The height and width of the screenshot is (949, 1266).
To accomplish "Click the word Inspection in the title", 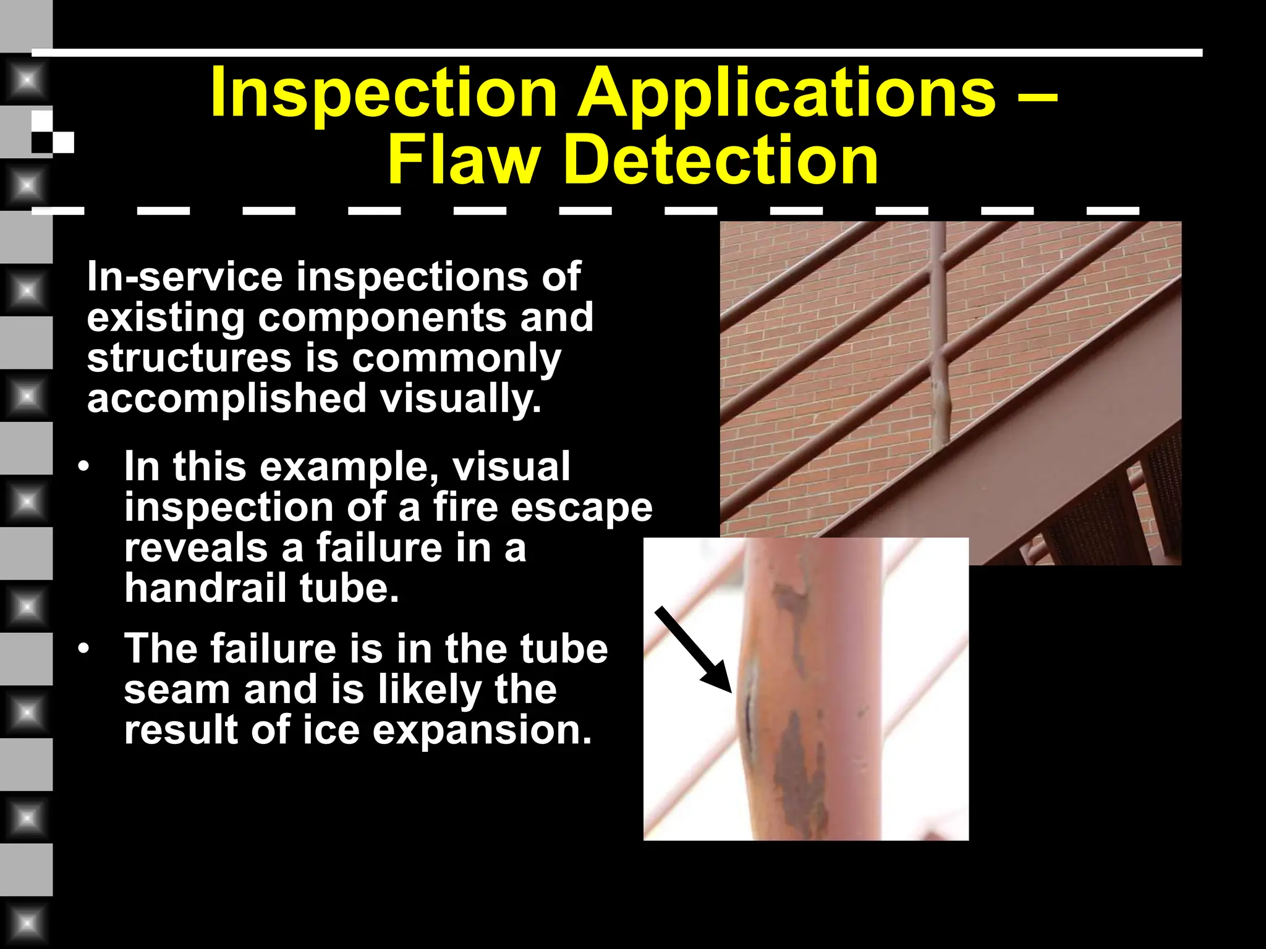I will (383, 94).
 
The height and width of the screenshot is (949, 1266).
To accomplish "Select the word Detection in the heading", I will (721, 161).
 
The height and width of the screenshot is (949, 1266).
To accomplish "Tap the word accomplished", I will (227, 399).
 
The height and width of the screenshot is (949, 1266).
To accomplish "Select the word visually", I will (461, 399).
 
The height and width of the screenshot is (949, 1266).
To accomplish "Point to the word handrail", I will (206, 588).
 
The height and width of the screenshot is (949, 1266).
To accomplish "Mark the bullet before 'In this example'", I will (84, 467).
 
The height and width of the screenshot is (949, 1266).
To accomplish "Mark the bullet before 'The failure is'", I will (84, 649).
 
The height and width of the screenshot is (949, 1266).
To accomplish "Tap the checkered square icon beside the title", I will (53, 132).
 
